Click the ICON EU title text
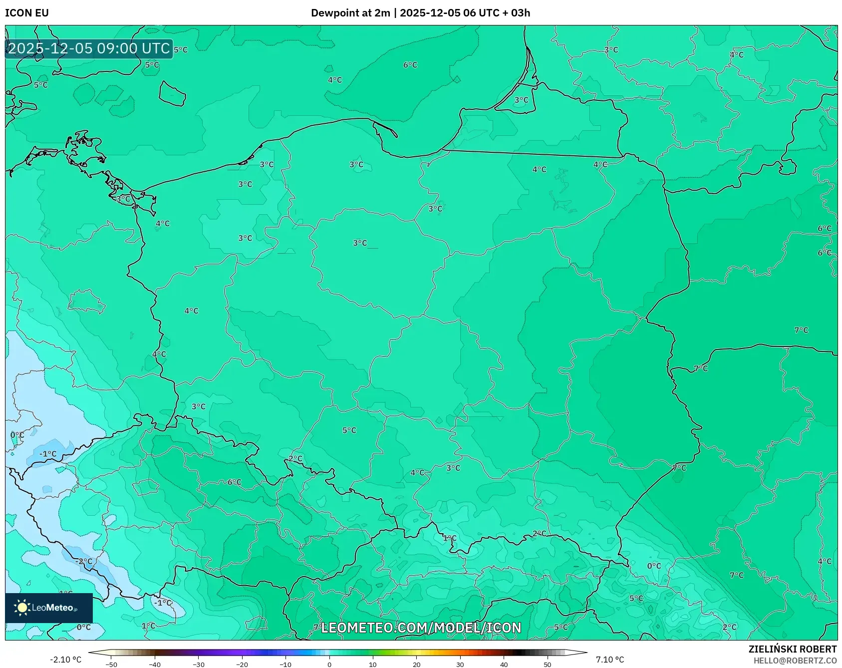coord(27,13)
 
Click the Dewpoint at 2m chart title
coord(420,13)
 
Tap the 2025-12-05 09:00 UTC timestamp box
coord(89,48)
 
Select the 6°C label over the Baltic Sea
coord(410,65)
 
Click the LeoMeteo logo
coord(48,608)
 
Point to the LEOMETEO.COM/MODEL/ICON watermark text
coord(421,628)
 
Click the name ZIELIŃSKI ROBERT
coord(792,649)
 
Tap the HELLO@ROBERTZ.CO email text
coord(795,661)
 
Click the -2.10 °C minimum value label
coord(65,660)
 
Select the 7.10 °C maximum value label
coord(609,660)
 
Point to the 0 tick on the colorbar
coord(329,664)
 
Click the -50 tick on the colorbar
coord(111,664)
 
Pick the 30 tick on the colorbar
coord(460,664)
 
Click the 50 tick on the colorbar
coord(547,664)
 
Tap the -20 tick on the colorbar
coord(242,664)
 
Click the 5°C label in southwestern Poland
coord(349,430)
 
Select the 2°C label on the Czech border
coord(295,458)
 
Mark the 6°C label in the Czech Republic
coord(234,482)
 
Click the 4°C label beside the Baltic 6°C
coord(334,80)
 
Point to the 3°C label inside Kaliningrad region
coord(521,100)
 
